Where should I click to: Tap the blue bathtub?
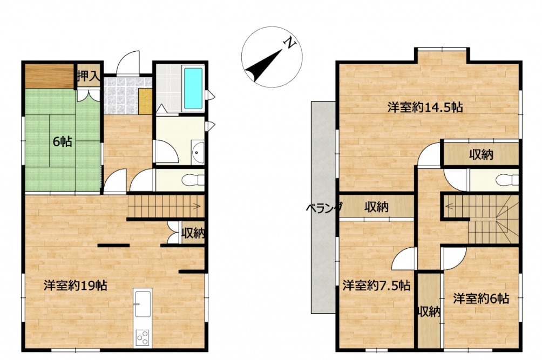[193, 88]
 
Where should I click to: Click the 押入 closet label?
[89, 76]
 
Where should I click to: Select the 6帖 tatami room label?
[63, 141]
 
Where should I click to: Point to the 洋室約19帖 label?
[76, 286]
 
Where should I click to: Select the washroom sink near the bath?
[198, 152]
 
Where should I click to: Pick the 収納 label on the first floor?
[193, 233]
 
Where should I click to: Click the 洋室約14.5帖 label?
[425, 107]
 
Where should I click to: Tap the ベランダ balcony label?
[324, 208]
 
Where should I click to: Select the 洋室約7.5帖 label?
[376, 286]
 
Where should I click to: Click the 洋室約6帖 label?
[481, 298]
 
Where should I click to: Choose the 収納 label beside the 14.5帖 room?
[481, 154]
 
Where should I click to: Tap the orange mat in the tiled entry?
[145, 101]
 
